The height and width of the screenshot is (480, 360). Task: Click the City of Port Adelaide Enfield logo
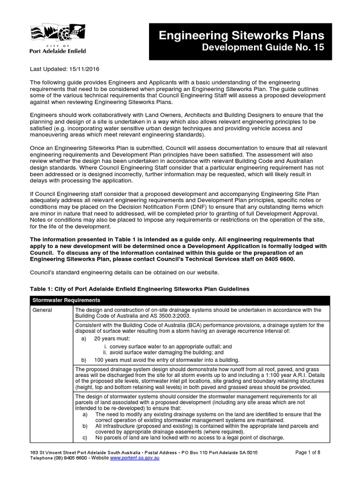[58, 40]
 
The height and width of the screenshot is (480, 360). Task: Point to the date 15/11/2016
[84, 69]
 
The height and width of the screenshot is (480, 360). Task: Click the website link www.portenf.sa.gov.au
[135, 458]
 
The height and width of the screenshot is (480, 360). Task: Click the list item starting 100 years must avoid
[166, 360]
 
